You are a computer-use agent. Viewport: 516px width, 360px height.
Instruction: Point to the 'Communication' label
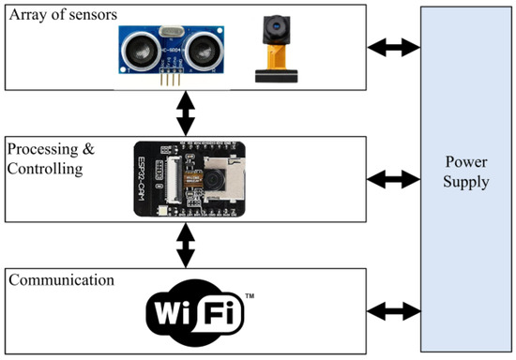pos(60,280)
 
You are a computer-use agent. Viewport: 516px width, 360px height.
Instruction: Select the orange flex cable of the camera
pos(275,59)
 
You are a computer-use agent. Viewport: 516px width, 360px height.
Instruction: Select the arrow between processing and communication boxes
pos(186,247)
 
